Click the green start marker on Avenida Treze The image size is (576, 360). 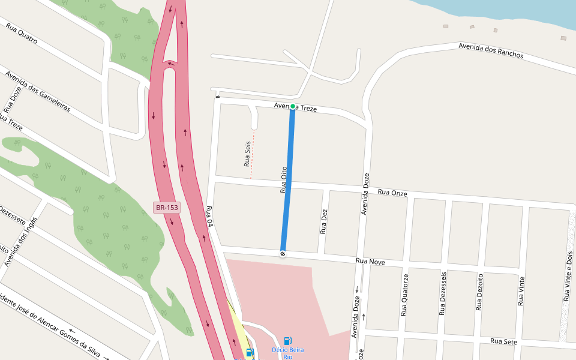pos(293,106)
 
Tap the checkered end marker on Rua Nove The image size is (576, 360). pos(283,253)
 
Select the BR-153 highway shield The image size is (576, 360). pos(167,208)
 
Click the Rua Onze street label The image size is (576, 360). pos(392,193)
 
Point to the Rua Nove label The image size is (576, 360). pos(370,262)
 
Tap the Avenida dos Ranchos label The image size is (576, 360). pos(491,50)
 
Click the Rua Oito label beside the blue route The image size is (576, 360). pos(284,179)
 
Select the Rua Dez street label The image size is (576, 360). pos(324,221)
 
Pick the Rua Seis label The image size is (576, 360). pos(247,154)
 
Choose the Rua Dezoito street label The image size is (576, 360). pos(479,292)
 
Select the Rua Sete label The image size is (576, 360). pos(503,341)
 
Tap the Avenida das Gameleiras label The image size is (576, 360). pos(38,92)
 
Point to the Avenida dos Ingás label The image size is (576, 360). pos(20,241)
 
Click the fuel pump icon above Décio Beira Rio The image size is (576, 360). pos(288,341)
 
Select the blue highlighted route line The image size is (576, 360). pos(288,180)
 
